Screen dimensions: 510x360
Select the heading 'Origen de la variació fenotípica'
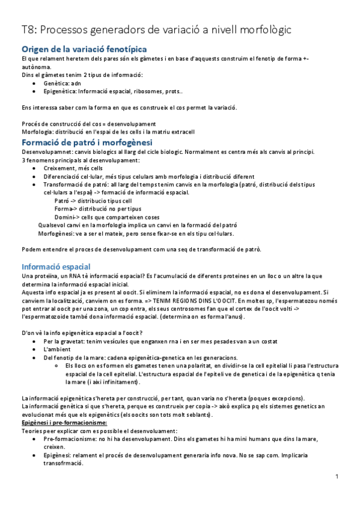[x=85, y=48]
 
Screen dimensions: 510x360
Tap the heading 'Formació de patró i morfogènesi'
[x=87, y=142]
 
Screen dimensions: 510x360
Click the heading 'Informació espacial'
[x=55, y=266]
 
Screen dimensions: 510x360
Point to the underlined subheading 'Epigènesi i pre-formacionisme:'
[x=58, y=423]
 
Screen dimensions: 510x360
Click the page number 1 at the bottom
[x=338, y=477]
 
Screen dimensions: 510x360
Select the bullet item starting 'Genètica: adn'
[x=63, y=84]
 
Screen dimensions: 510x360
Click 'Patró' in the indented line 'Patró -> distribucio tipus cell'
[x=62, y=200]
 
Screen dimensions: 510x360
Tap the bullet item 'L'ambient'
[x=56, y=349]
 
